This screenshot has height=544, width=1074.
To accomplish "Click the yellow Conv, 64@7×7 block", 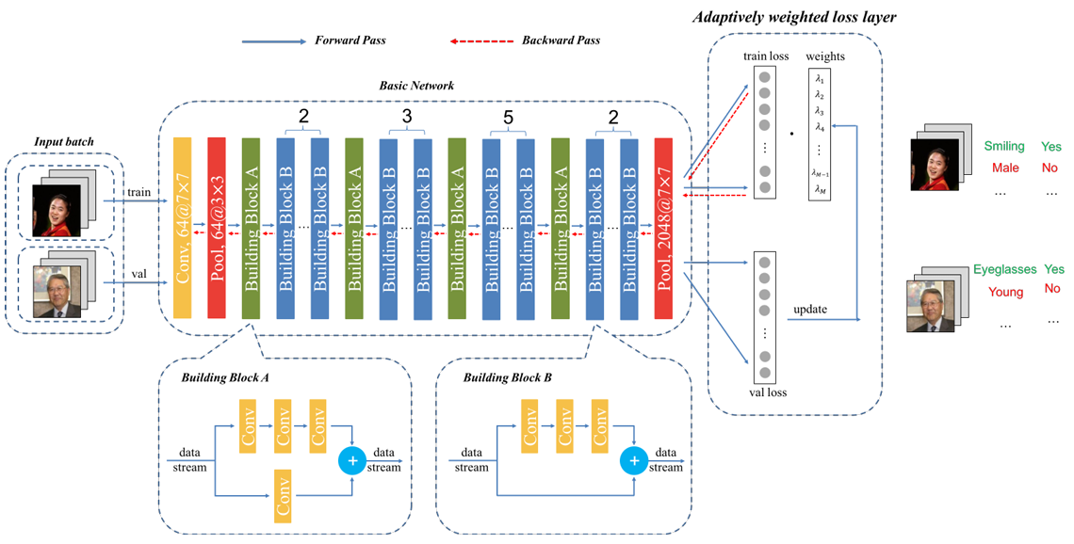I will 182,226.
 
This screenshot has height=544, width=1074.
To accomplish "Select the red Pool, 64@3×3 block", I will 217,226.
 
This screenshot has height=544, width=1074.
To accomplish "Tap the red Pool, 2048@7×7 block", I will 663,226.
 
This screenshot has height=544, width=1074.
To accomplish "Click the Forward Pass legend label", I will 350,40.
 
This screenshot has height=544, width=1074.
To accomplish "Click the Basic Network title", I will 416,86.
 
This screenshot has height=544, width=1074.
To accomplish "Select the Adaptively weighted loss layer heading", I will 793,17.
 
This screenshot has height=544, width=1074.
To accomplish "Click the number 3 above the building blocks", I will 406,117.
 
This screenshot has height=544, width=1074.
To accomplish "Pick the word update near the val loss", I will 811,310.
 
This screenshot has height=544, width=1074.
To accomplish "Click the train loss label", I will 766,56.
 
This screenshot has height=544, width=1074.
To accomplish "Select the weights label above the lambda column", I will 826,56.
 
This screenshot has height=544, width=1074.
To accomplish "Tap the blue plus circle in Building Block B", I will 634,461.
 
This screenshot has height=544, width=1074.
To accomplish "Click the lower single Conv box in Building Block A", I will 283,493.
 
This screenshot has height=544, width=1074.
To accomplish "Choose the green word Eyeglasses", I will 1004,269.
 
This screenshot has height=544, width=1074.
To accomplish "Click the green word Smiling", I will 1004,147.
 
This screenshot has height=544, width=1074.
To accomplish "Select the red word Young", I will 1005,292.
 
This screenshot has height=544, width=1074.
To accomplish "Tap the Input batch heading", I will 61,141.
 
